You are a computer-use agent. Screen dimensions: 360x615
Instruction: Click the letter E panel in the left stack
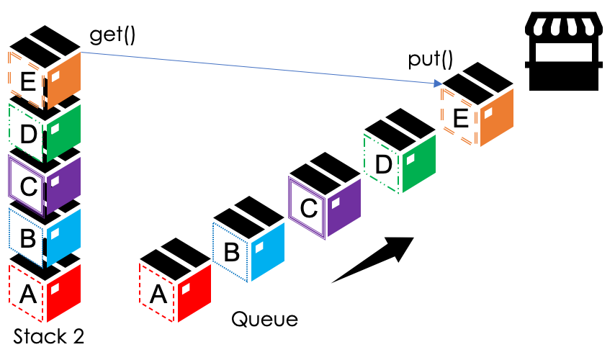point(27,81)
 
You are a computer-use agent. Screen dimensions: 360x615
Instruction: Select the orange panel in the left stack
point(64,81)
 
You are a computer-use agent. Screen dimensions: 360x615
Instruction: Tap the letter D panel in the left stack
point(27,133)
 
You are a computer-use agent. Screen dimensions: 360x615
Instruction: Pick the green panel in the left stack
point(64,133)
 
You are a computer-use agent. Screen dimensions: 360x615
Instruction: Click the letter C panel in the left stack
point(27,186)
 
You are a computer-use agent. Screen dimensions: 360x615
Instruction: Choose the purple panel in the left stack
point(64,186)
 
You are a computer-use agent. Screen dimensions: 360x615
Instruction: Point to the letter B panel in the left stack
point(27,238)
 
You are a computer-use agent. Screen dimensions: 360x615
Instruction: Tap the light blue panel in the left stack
point(64,238)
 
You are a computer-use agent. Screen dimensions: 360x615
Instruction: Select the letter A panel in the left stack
point(27,293)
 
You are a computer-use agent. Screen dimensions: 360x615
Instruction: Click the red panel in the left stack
point(64,293)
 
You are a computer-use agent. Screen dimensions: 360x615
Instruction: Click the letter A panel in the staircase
point(158,293)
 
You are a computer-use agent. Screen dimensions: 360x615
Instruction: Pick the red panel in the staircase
point(195,293)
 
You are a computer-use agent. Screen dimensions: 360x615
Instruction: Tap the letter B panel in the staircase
point(231,252)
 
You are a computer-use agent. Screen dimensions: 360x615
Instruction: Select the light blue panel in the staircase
point(269,252)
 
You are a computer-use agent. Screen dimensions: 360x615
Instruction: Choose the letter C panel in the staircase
point(307,208)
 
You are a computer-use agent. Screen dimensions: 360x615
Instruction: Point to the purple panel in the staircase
point(344,208)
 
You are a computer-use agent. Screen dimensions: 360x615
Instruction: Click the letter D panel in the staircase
point(382,164)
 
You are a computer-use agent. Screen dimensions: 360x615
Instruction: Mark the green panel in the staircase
point(420,164)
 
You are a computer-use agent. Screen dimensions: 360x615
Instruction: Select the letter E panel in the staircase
point(459,117)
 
